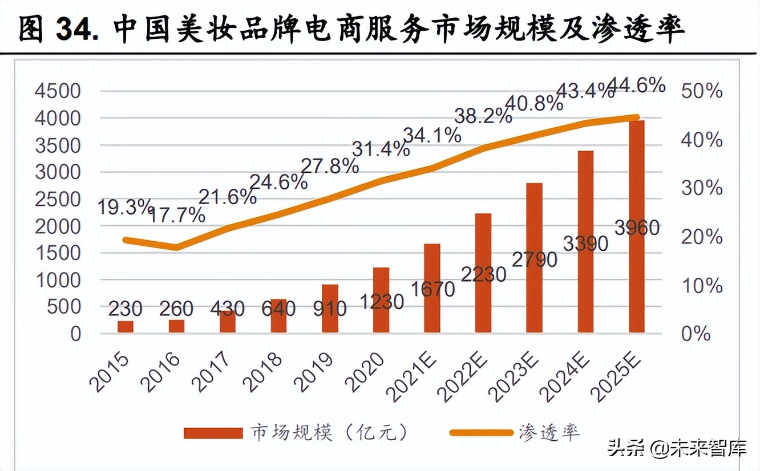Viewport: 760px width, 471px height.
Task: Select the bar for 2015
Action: point(126,326)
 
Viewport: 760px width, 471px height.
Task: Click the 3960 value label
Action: point(637,228)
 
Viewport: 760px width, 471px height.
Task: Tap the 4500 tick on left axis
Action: point(58,91)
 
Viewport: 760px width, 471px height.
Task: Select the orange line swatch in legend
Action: point(480,432)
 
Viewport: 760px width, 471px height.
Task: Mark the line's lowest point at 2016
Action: point(177,247)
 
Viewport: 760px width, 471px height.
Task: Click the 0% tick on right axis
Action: point(696,334)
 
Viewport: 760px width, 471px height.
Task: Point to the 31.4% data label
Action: point(381,149)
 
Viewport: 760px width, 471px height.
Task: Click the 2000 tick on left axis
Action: point(58,226)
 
